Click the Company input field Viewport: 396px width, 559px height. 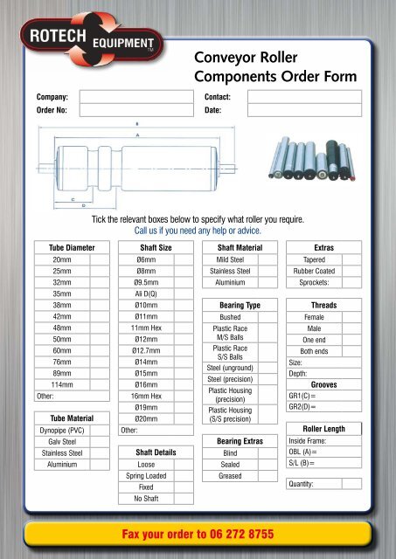tap(130, 96)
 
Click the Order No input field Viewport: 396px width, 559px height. tap(130, 111)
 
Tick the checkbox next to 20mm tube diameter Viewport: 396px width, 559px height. tap(98, 260)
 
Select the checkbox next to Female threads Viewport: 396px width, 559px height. tap(352, 317)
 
